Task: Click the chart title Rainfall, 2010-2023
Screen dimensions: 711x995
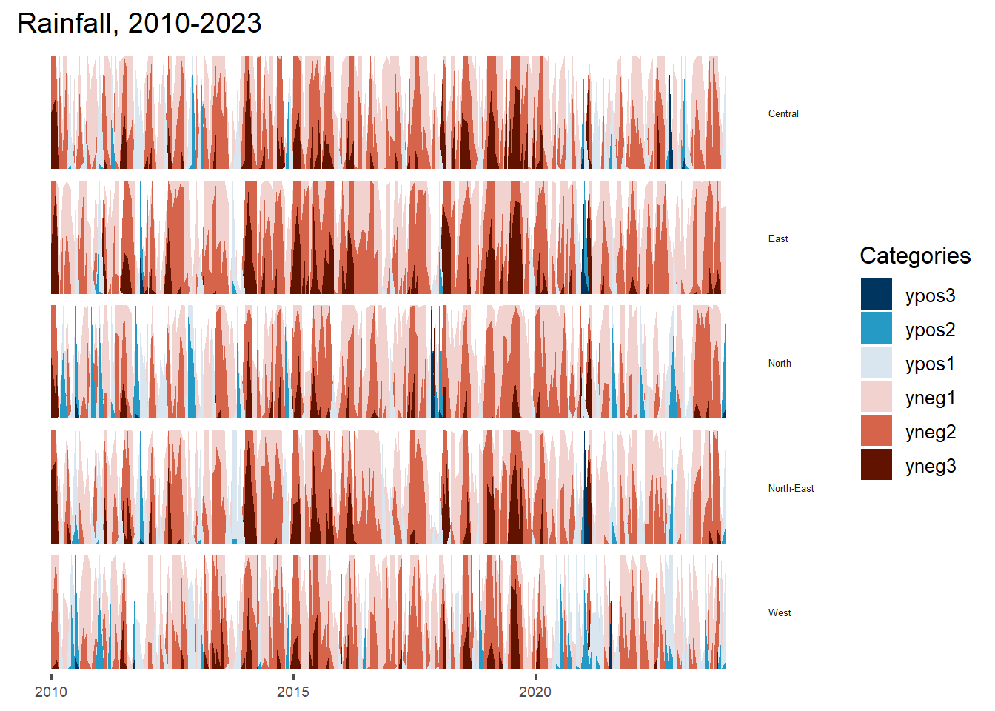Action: [139, 24]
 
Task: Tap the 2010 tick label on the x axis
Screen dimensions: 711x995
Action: [51, 692]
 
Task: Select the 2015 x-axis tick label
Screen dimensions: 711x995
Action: [293, 692]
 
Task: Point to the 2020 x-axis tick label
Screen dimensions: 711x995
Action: [535, 692]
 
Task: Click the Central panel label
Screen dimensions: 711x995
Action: [783, 114]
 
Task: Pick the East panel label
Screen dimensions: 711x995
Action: [778, 238]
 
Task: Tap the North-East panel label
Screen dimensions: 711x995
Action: [791, 488]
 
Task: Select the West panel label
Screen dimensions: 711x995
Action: [780, 612]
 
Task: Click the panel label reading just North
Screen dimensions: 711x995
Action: [780, 363]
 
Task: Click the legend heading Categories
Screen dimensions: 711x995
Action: [915, 256]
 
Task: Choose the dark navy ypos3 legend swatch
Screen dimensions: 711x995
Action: [877, 294]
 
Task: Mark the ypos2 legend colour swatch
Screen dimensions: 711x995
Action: [877, 328]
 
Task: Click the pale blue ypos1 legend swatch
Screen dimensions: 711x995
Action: [877, 362]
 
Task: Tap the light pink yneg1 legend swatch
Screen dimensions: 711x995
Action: [877, 396]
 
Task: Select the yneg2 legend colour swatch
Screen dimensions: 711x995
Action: [877, 430]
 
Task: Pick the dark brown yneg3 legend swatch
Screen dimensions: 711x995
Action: [877, 464]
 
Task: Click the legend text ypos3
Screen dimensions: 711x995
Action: [930, 296]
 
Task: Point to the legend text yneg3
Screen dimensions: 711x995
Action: [931, 467]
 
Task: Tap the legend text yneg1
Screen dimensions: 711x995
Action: [931, 398]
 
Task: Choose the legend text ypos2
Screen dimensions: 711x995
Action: [930, 330]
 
